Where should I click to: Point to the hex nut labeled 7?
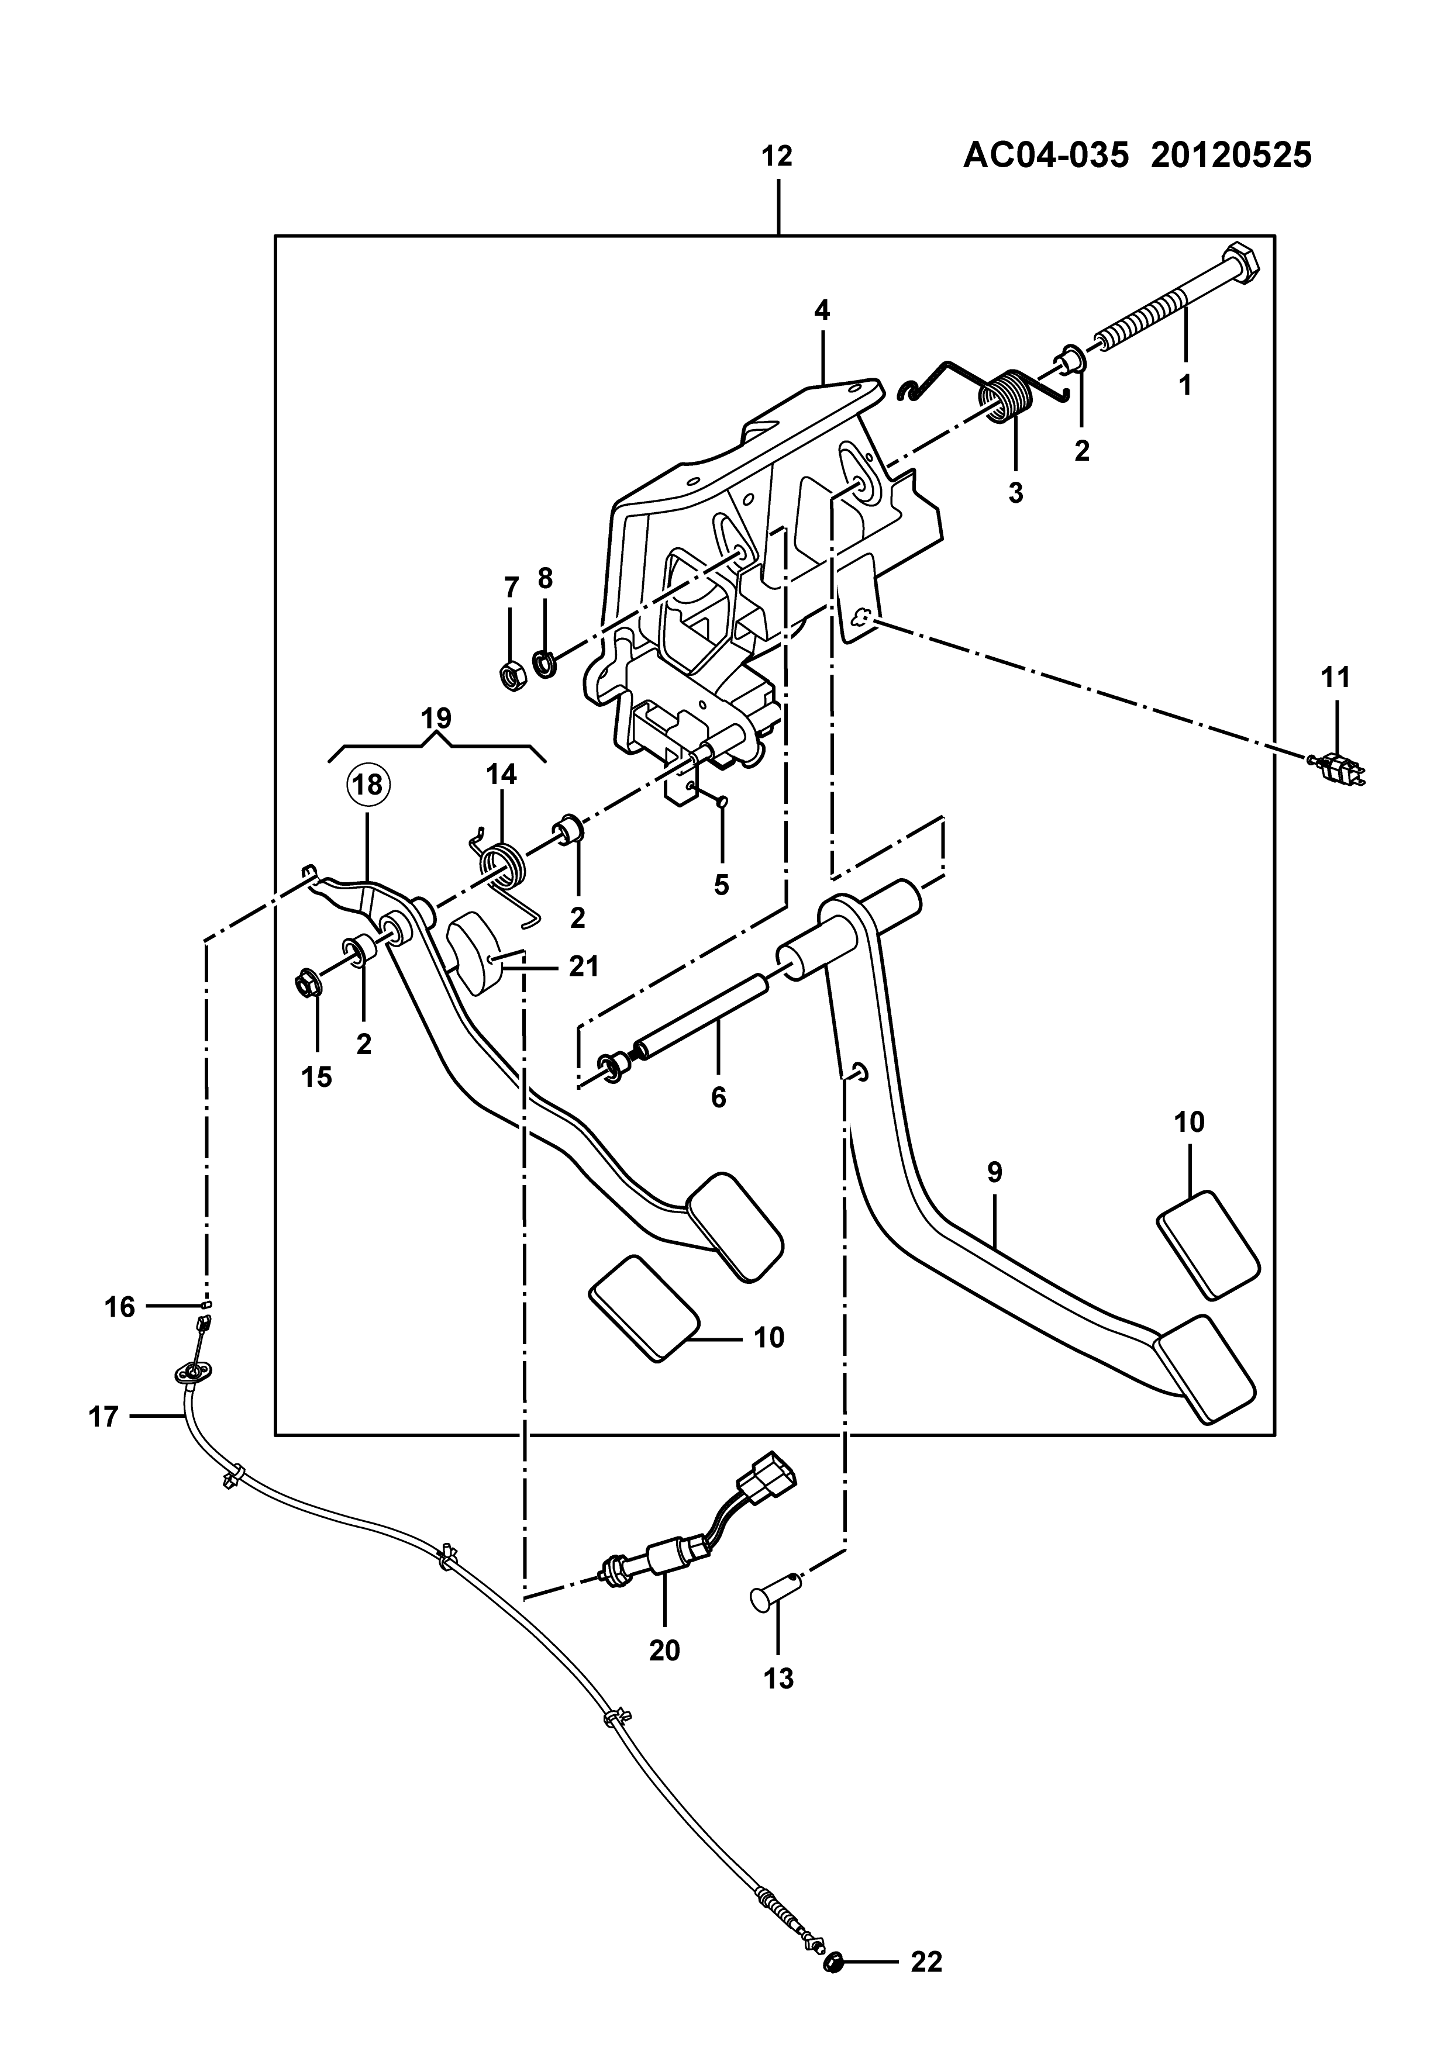point(512,676)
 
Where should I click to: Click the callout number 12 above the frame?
point(777,157)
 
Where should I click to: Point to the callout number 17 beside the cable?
point(104,1416)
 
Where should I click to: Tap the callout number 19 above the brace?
point(436,717)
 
